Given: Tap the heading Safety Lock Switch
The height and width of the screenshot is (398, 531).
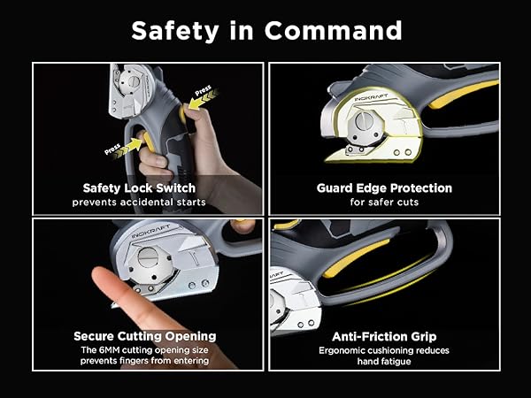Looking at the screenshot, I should pos(139,188).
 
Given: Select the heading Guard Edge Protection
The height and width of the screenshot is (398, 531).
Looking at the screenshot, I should pos(384,188).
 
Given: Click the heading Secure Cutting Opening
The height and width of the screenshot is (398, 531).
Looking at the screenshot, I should pos(145,336).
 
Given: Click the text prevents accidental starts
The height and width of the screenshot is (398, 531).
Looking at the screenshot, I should pos(139,203).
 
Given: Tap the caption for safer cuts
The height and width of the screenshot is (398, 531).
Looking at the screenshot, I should pos(384,203).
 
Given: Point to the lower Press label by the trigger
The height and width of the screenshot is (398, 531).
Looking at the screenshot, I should pos(112,149).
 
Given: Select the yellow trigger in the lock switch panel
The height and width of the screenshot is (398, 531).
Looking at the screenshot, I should pos(148,142).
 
